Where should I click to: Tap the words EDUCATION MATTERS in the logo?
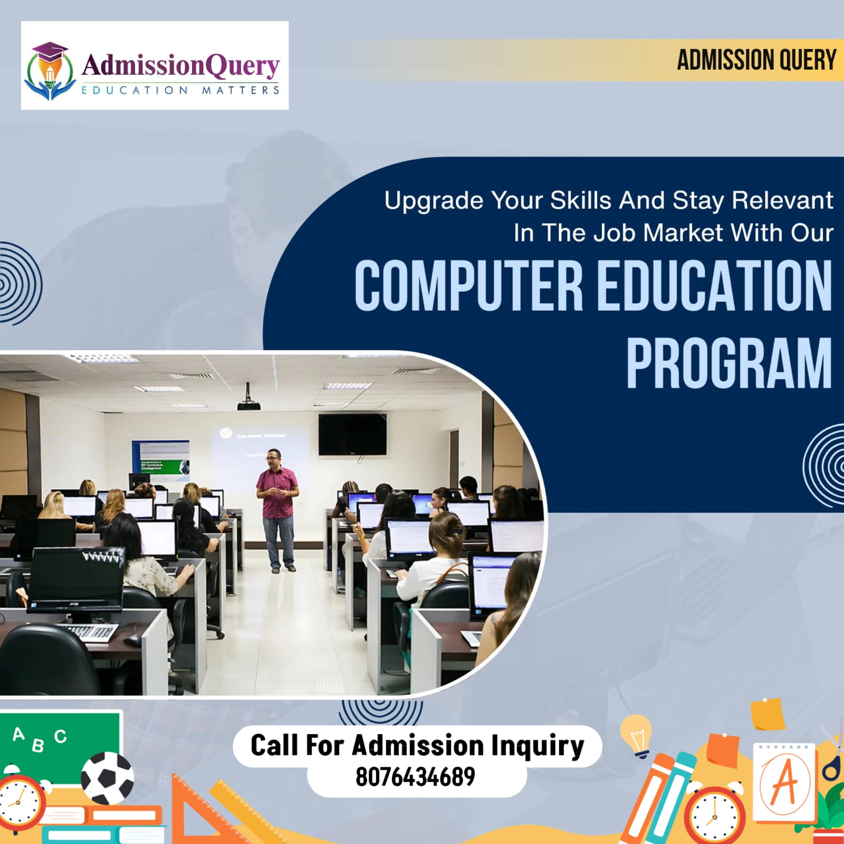180,90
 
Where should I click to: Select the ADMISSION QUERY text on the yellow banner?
756,60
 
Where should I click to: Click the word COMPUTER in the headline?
468,285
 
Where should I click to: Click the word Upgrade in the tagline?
434,201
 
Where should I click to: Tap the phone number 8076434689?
415,777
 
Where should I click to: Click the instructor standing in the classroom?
277,510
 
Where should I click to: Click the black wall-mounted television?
352,434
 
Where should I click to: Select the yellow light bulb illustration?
637,735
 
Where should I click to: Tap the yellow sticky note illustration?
768,713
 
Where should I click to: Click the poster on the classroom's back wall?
160,460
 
